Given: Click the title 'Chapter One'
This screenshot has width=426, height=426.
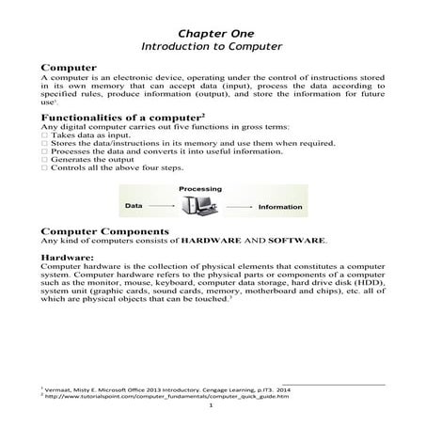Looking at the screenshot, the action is click(212, 28).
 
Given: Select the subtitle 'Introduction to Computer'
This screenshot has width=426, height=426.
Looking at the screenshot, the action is click(212, 44).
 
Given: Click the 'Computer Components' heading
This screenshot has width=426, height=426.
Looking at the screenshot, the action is click(106, 231).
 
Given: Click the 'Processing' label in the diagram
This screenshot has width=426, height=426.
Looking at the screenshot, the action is click(199, 187).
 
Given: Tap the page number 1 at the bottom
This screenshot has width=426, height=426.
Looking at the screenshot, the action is click(213, 408).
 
